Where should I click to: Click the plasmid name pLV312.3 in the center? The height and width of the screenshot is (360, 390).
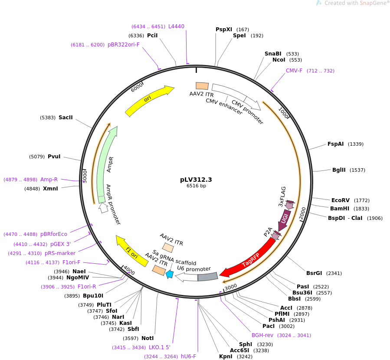click(x=196, y=179)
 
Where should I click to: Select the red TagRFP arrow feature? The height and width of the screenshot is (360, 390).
click(x=249, y=259)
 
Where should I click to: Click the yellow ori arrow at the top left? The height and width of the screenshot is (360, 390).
click(x=149, y=100)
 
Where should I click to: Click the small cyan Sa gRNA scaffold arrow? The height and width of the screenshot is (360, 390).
click(x=170, y=274)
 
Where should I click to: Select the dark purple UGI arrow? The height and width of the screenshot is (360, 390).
click(x=285, y=219)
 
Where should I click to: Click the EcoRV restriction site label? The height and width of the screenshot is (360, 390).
click(x=341, y=200)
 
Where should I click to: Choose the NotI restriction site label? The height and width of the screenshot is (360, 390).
click(x=147, y=338)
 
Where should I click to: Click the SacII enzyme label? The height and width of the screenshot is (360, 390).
click(x=66, y=118)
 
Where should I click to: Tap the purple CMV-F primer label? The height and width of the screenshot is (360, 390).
click(x=294, y=71)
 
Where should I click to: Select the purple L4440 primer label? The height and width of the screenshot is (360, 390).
click(x=176, y=26)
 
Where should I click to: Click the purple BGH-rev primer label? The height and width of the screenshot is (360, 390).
click(x=263, y=335)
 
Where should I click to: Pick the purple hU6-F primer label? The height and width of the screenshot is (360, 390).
click(x=188, y=357)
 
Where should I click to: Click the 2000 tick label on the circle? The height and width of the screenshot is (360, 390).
click(x=303, y=213)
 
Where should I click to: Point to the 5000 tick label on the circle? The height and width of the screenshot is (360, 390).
click(x=85, y=175)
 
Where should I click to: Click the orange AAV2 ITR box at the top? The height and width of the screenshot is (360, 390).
click(x=202, y=86)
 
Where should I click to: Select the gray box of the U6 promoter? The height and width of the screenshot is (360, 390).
click(x=208, y=276)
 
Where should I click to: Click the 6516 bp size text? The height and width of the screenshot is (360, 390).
click(x=196, y=186)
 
